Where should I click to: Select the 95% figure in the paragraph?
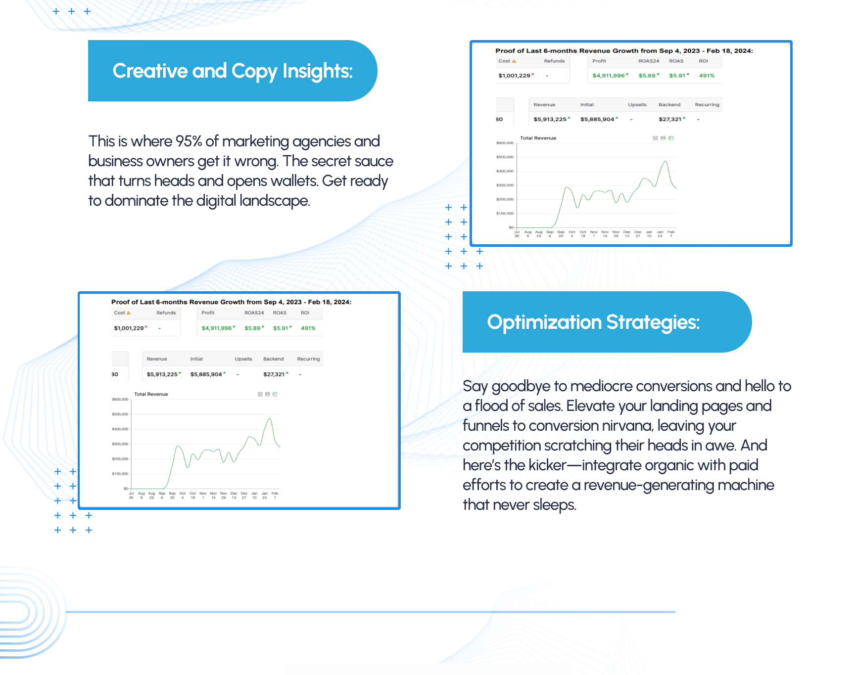[189, 141]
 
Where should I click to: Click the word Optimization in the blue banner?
[544, 322]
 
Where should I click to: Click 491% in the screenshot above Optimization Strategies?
[707, 76]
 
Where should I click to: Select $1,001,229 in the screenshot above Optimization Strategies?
[514, 76]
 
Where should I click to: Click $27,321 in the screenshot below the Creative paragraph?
[274, 374]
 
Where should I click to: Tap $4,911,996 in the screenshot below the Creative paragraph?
[217, 328]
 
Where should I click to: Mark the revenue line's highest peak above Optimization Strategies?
[665, 161]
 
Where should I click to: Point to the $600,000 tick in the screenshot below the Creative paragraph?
[120, 399]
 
